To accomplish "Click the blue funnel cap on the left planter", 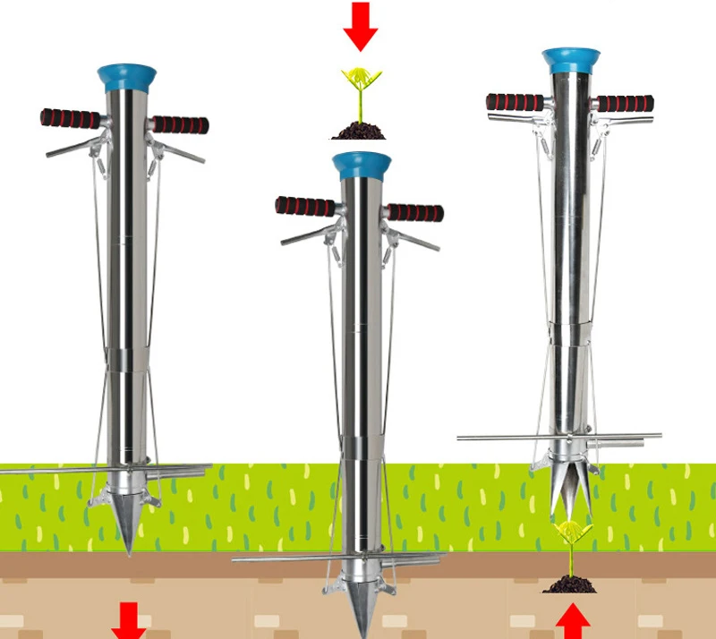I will point(127,73).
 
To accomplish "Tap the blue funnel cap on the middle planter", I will point(362,164).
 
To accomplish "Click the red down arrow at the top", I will point(361,25).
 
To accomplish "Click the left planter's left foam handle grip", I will point(71,118).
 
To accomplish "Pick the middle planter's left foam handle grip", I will point(305,206).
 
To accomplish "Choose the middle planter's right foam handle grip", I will point(414,212).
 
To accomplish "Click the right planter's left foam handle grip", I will point(515,102).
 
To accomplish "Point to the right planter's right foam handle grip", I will point(626,103).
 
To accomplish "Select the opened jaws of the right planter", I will point(567,492).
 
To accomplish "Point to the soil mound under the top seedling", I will point(360,132).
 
